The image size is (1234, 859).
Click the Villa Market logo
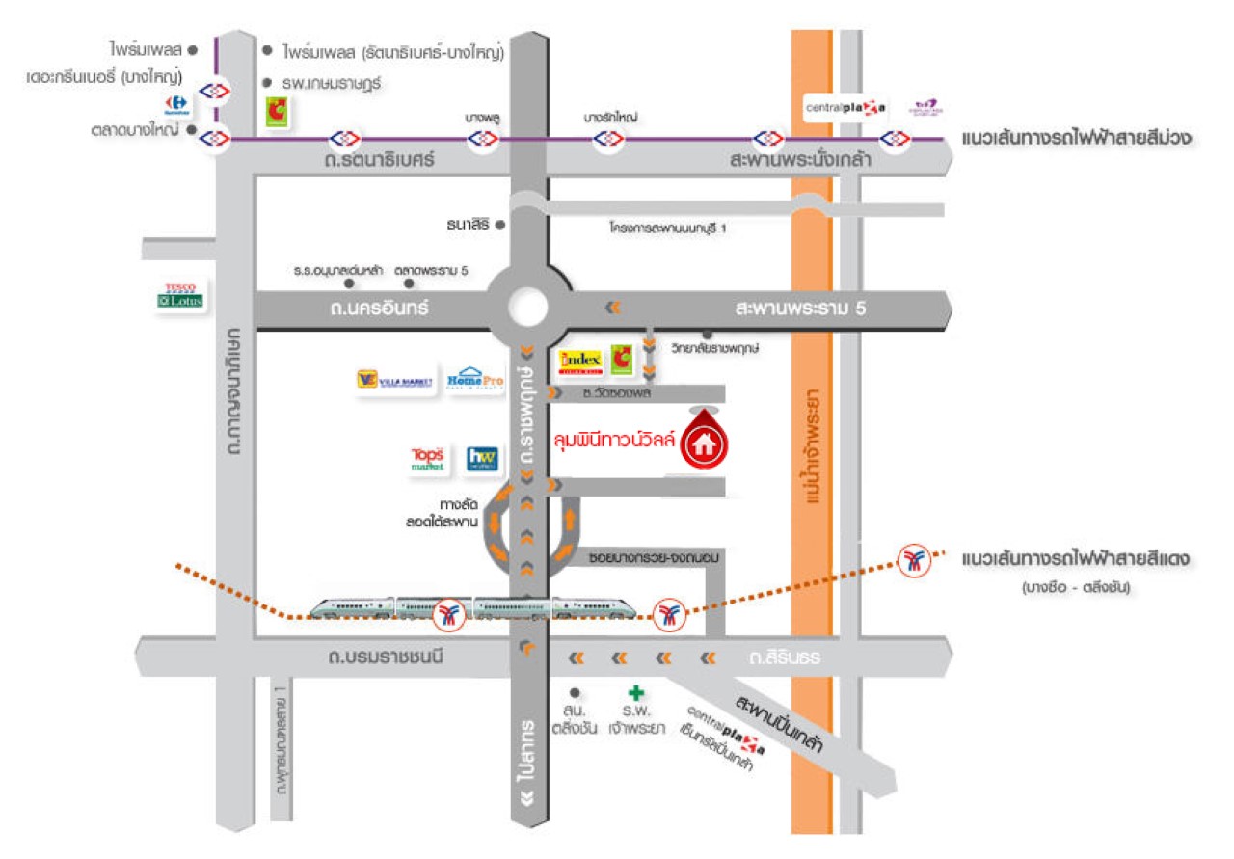click(394, 381)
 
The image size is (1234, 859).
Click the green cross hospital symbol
click(635, 692)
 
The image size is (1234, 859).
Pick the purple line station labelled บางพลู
click(482, 140)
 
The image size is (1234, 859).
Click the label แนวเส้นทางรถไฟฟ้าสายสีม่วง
click(1077, 140)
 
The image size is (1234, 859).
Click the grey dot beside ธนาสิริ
click(499, 226)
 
